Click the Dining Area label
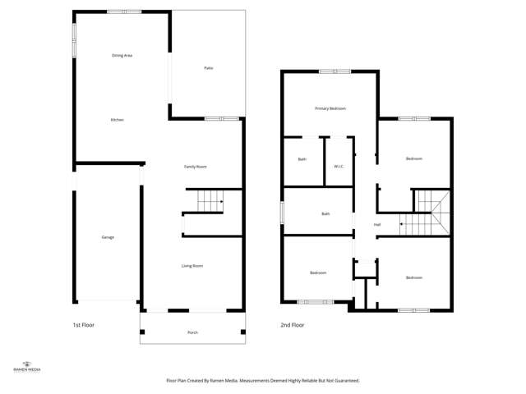[122, 55]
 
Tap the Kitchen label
[118, 121]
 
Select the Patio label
[209, 67]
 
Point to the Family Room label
[195, 167]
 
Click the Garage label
[108, 237]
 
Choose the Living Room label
[192, 266]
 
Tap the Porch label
[192, 332]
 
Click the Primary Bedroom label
[330, 108]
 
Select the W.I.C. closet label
[339, 167]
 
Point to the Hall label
[377, 224]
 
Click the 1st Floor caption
[84, 325]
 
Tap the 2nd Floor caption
[293, 325]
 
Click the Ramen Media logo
[29, 367]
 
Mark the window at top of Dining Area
[124, 11]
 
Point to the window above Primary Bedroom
[335, 71]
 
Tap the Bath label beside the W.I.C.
[302, 159]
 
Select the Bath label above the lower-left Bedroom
[325, 214]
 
